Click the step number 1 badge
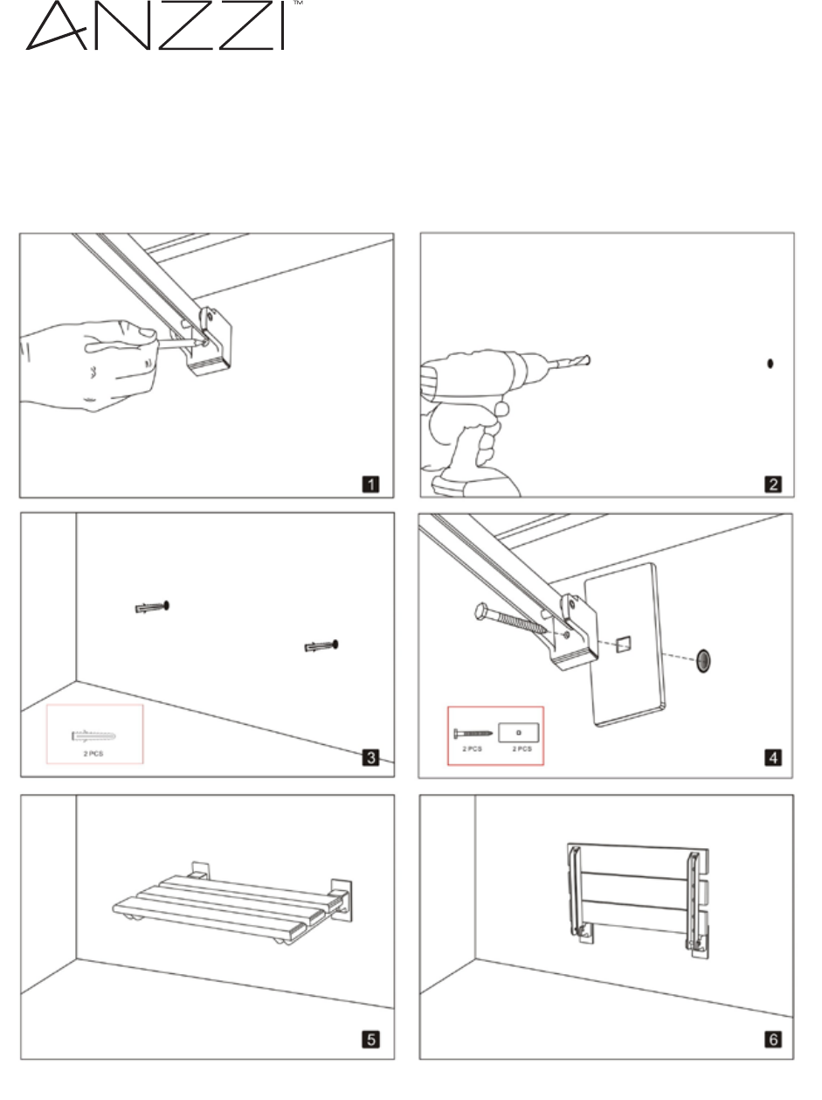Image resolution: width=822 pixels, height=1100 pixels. coord(371,484)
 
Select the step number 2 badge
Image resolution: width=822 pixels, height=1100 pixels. coord(773,484)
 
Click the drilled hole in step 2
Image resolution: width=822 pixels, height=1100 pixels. coord(769,364)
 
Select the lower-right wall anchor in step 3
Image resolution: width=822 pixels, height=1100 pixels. coord(321,646)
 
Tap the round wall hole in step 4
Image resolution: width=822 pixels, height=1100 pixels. coord(703,661)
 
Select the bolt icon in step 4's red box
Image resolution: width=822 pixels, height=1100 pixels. coord(472,730)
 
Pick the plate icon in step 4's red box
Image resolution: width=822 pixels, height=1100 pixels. coord(519,730)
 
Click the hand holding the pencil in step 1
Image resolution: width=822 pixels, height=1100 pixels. coord(87,363)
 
